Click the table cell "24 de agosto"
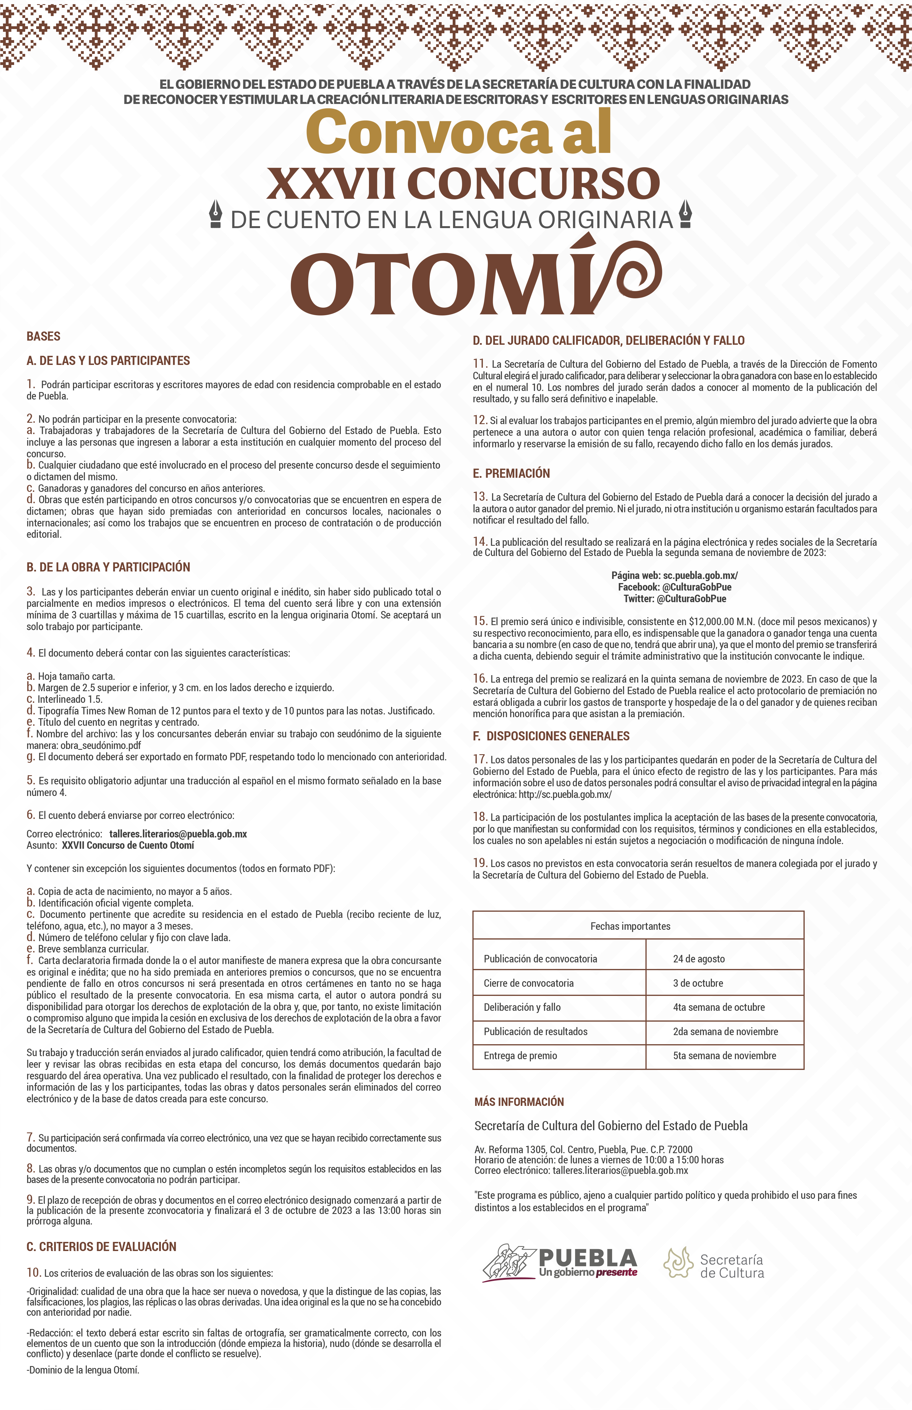(x=699, y=959)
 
